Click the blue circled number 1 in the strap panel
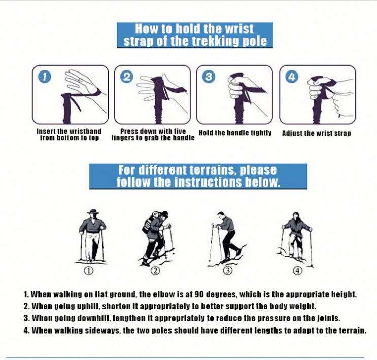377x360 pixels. pyautogui.click(x=45, y=78)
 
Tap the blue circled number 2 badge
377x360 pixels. pyautogui.click(x=127, y=77)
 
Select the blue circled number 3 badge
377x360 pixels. pyautogui.click(x=209, y=77)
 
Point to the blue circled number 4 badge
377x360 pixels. pyautogui.click(x=292, y=77)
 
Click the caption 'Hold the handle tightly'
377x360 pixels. pyautogui.click(x=235, y=133)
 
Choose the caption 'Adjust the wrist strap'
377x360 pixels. pyautogui.click(x=317, y=133)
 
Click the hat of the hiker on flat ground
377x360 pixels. pyautogui.click(x=93, y=212)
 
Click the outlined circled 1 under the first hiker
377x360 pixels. pyautogui.click(x=88, y=271)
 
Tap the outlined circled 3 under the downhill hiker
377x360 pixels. pyautogui.click(x=228, y=271)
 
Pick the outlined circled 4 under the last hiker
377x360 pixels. pyautogui.click(x=297, y=271)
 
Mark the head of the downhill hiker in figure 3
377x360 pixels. pyautogui.click(x=221, y=215)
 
